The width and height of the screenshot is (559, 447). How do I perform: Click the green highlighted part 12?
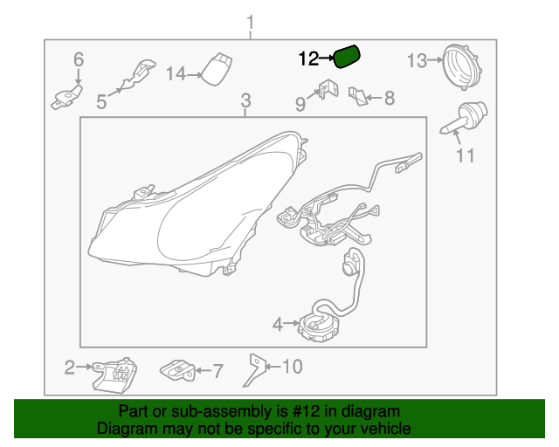pos(347,57)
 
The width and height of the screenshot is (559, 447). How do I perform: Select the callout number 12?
pos(308,58)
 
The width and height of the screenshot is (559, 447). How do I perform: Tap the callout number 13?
pos(417,61)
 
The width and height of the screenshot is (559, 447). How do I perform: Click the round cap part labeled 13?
pos(462,66)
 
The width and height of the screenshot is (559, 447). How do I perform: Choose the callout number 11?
pos(466,155)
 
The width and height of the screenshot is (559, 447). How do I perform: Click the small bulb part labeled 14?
pos(217,69)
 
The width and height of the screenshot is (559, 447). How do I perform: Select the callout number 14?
pos(176,74)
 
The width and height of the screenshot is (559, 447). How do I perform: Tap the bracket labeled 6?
pos(67,96)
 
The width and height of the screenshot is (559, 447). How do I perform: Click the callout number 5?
pos(101,101)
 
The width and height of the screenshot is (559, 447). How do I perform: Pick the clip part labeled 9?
pos(328,88)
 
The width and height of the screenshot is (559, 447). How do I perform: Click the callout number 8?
pos(390,98)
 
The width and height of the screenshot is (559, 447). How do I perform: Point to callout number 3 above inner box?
pos(245,100)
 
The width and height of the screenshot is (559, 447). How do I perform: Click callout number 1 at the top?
pos(251,22)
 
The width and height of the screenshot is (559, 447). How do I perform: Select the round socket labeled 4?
pos(318,327)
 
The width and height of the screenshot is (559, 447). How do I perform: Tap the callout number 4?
pos(278,325)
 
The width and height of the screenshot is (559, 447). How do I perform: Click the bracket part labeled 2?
pos(114,375)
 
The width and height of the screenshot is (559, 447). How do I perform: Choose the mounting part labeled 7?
pos(177,370)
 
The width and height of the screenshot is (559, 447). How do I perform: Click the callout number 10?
pos(293,367)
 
